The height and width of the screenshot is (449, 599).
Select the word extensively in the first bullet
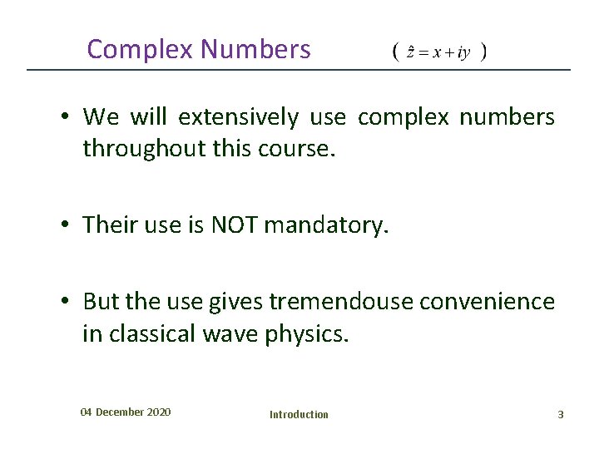coord(238,117)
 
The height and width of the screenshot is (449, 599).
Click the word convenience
coord(487,301)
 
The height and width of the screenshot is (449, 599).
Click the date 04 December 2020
coord(126,412)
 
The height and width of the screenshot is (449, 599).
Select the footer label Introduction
coord(299,414)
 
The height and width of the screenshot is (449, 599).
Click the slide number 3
coord(561,414)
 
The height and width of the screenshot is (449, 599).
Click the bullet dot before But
coord(63,302)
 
